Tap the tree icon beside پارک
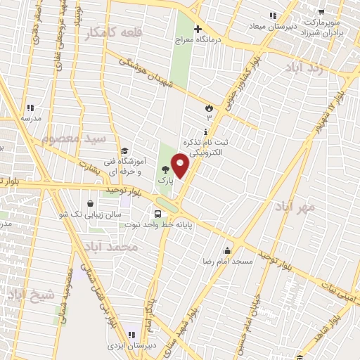(x=165, y=169)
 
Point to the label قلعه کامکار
(x=112, y=33)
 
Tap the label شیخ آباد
(x=30, y=296)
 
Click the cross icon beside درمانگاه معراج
(x=198, y=29)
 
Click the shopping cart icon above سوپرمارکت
(x=321, y=12)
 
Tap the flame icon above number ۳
(x=208, y=107)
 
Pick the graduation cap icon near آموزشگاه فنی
(x=124, y=150)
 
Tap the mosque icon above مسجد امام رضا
(x=226, y=250)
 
